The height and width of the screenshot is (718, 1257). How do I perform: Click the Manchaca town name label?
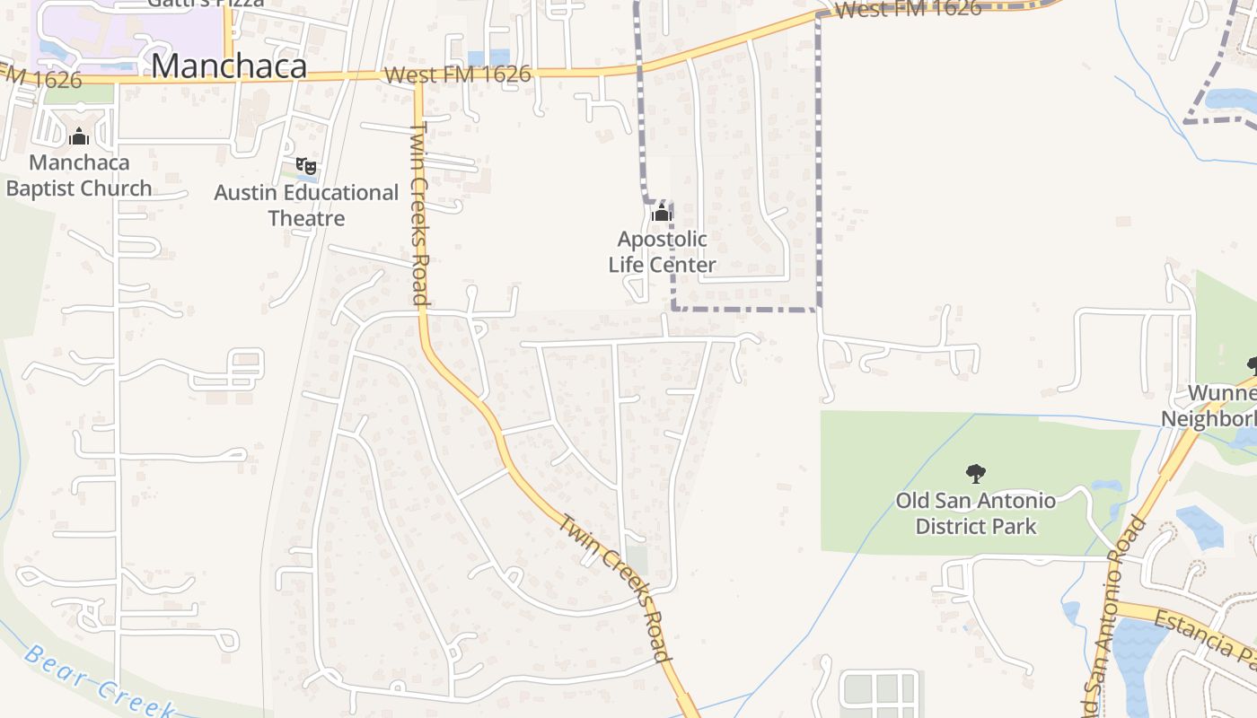[x=229, y=66]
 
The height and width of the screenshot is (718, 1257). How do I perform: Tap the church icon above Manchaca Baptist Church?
[x=79, y=136]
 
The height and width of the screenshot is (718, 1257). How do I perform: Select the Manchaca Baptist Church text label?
[x=79, y=176]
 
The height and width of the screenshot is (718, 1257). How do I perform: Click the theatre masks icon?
[x=306, y=165]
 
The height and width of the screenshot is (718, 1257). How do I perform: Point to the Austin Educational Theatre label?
[x=306, y=206]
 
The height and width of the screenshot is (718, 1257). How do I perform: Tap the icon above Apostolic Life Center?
[x=662, y=213]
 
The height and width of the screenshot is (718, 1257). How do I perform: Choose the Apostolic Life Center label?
[x=662, y=252]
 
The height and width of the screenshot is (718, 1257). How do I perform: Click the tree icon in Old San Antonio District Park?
[x=975, y=473]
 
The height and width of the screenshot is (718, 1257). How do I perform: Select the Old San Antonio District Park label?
[x=976, y=513]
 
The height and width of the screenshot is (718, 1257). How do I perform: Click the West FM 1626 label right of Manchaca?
[x=458, y=74]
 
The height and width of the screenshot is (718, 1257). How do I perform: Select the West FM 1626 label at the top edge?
[x=908, y=9]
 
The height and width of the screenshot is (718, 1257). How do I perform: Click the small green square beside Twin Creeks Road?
[x=637, y=560]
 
